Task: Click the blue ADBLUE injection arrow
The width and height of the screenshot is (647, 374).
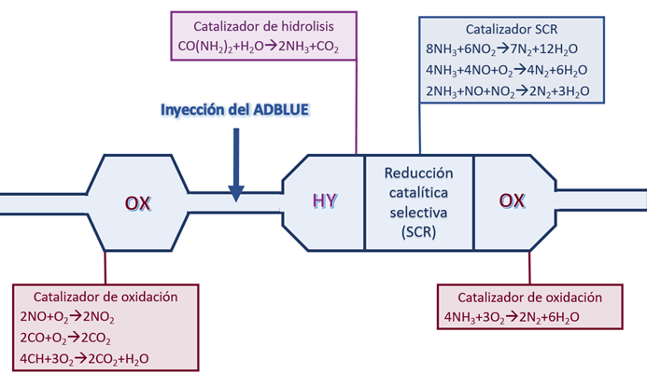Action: (x=236, y=164)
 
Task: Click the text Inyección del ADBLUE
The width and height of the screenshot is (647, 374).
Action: (x=235, y=109)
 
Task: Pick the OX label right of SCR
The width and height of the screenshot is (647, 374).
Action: (x=511, y=201)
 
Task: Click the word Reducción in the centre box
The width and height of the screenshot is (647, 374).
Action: (x=418, y=174)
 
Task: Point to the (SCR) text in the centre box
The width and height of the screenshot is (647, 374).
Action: (x=418, y=230)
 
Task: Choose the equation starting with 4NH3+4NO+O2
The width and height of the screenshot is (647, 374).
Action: (x=505, y=71)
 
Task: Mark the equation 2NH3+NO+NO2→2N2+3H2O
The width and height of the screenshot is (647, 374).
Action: (x=505, y=92)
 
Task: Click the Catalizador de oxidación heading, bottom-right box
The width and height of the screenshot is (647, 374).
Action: (x=530, y=298)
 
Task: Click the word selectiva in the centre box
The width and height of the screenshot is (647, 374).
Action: (x=418, y=212)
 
